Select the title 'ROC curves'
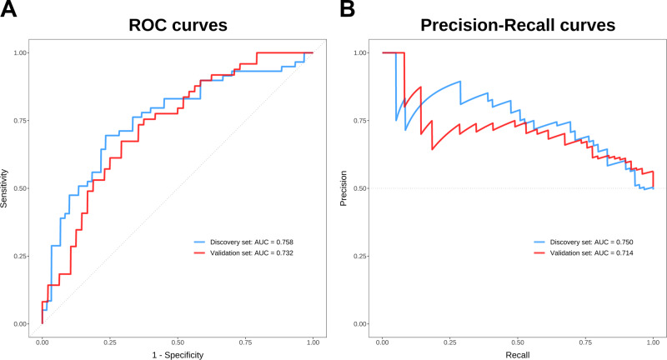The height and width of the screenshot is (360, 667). tap(178, 26)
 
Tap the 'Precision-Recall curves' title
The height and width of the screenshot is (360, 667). tap(518, 26)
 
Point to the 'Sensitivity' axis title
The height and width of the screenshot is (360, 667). tap(7, 187)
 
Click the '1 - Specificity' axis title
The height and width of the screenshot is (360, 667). tap(178, 353)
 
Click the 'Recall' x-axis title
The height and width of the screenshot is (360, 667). tap(518, 353)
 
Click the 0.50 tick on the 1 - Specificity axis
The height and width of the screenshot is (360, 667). tap(178, 341)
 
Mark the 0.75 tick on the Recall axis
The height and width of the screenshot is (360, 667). tap(585, 341)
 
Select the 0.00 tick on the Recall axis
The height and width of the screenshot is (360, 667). tap(382, 341)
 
